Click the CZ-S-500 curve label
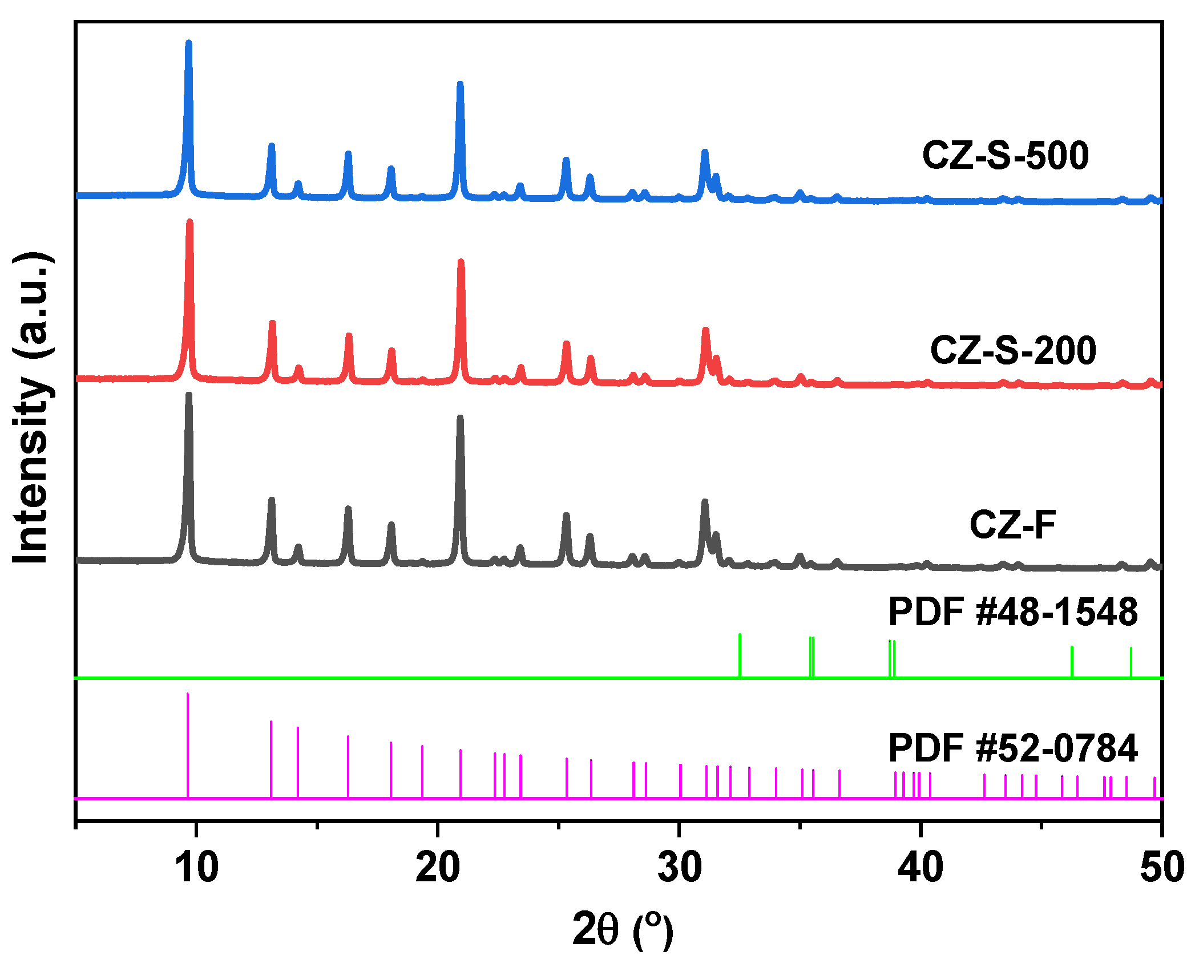1005,155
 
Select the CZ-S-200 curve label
1013,350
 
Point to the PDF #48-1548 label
1013,612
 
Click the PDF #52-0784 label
1013,748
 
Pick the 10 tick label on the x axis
196,868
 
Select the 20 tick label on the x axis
438,868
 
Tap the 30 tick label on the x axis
679,868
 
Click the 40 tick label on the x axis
921,868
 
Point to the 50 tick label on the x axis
1162,868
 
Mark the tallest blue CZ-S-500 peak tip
189,43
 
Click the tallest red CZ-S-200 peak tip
190,221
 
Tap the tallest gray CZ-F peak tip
189,395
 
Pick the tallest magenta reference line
188,695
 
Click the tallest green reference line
740,635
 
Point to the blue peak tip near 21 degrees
460,84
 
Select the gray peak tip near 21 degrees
460,418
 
